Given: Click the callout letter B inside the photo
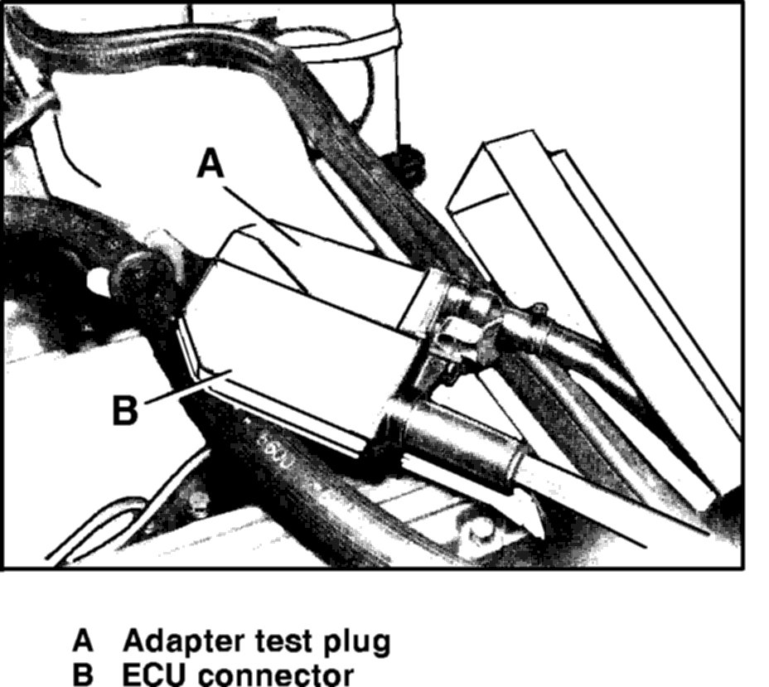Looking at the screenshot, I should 125,409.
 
